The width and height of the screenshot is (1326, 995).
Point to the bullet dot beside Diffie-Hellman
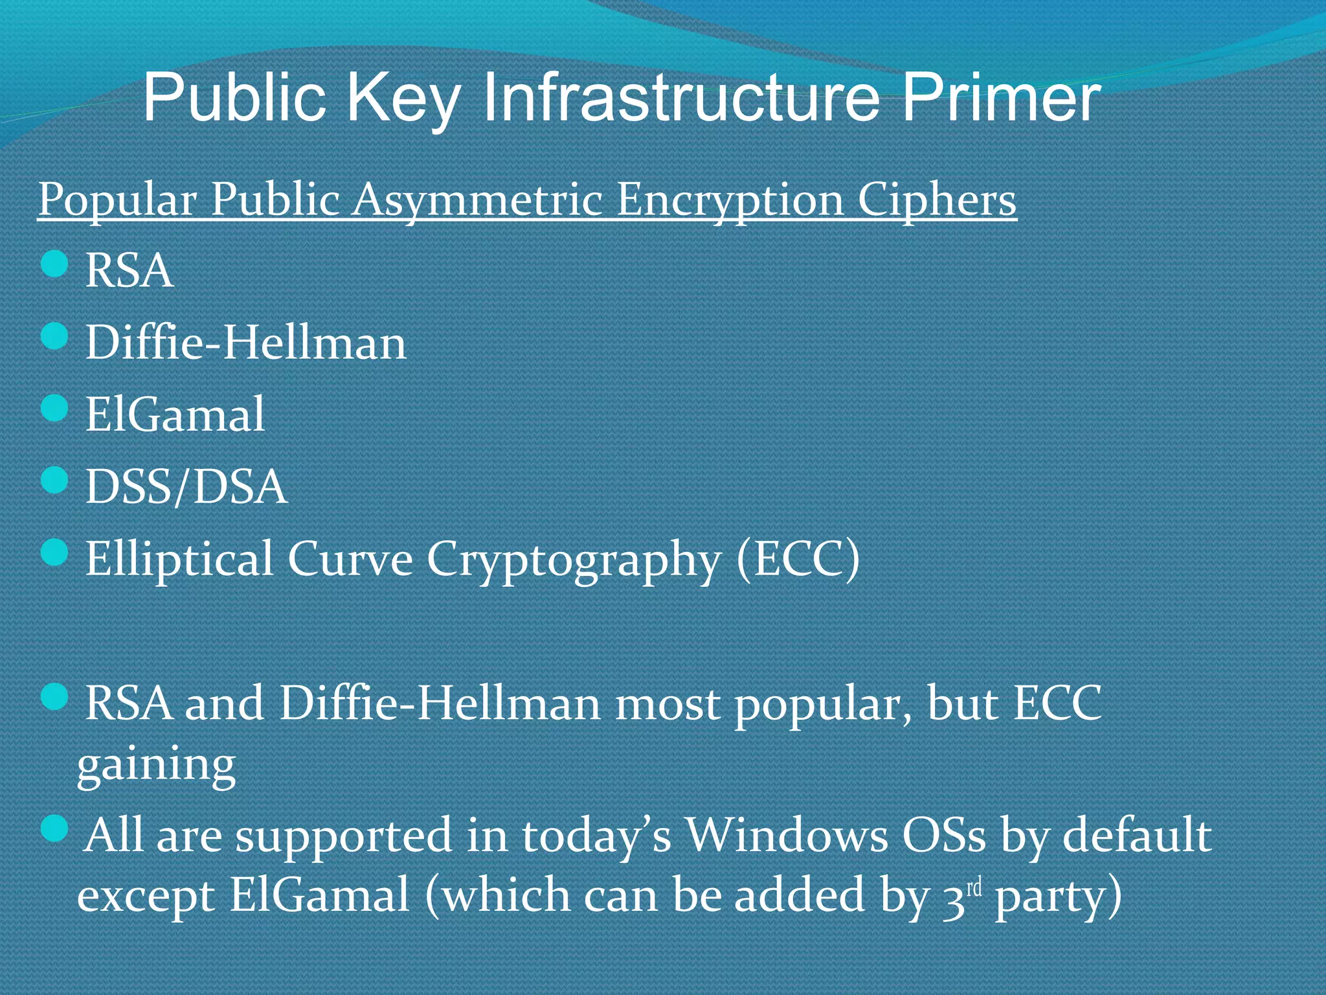[54, 337]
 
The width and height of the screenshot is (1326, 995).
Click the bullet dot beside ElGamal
[54, 409]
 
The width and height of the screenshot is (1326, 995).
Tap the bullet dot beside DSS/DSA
[54, 481]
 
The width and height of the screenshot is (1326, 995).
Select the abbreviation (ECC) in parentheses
[798, 558]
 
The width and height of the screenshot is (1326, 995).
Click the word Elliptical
[179, 558]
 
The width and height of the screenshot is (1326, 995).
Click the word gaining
[156, 766]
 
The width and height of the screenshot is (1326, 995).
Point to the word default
[1137, 835]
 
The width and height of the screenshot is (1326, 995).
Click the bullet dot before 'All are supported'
[54, 829]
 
